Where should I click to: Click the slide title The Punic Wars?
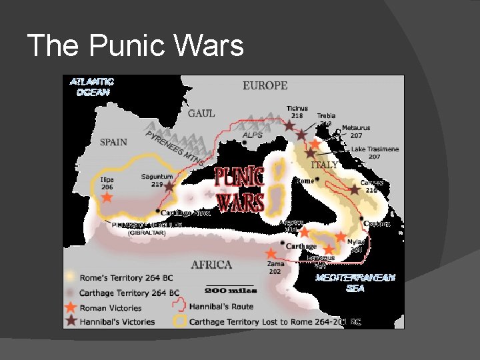[135, 46]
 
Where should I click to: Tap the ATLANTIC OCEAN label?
[92, 87]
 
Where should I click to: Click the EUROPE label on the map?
[265, 85]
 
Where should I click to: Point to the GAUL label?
[201, 113]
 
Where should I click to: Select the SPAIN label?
[113, 141]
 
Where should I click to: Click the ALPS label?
[252, 135]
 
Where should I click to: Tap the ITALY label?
[325, 164]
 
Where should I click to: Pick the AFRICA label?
[211, 265]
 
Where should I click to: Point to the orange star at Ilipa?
[107, 198]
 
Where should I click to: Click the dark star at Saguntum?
[169, 187]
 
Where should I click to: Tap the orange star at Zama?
[271, 254]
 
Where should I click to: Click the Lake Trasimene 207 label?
[375, 153]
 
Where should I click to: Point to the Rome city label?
[305, 181]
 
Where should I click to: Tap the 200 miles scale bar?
[224, 291]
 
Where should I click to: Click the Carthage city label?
[301, 246]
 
